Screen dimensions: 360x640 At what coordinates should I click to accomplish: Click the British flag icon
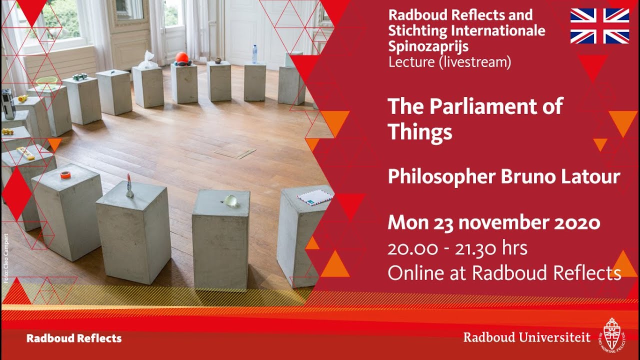coord(599,26)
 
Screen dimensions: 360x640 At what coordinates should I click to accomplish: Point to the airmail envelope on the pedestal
coord(315,197)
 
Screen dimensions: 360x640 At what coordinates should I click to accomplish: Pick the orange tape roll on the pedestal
coord(65,174)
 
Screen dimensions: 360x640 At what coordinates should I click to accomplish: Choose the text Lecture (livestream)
coord(449,62)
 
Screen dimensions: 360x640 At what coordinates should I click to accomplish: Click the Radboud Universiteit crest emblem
coord(612,333)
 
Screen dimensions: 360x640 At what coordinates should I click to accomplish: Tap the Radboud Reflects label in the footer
coord(74,338)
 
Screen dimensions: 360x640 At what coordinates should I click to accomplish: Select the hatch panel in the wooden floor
coord(235,152)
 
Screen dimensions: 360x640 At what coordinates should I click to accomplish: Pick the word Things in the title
coord(420,132)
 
